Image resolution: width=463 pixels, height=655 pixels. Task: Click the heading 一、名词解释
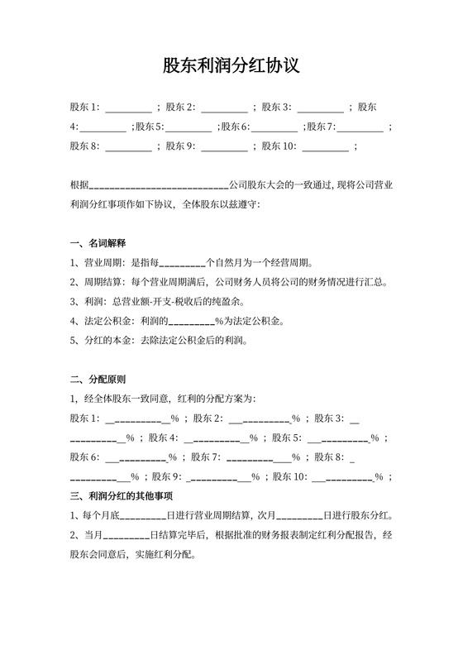click(x=98, y=243)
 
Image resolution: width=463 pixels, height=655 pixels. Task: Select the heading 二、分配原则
click(x=98, y=380)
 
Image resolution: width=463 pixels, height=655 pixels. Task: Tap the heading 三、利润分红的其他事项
click(x=121, y=496)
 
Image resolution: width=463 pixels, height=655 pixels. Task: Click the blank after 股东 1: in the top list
click(x=129, y=108)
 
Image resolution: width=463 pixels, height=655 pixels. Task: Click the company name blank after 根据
click(x=158, y=185)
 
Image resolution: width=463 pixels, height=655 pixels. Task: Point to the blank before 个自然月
click(x=181, y=265)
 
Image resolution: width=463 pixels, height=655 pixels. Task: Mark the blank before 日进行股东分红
click(x=298, y=517)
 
